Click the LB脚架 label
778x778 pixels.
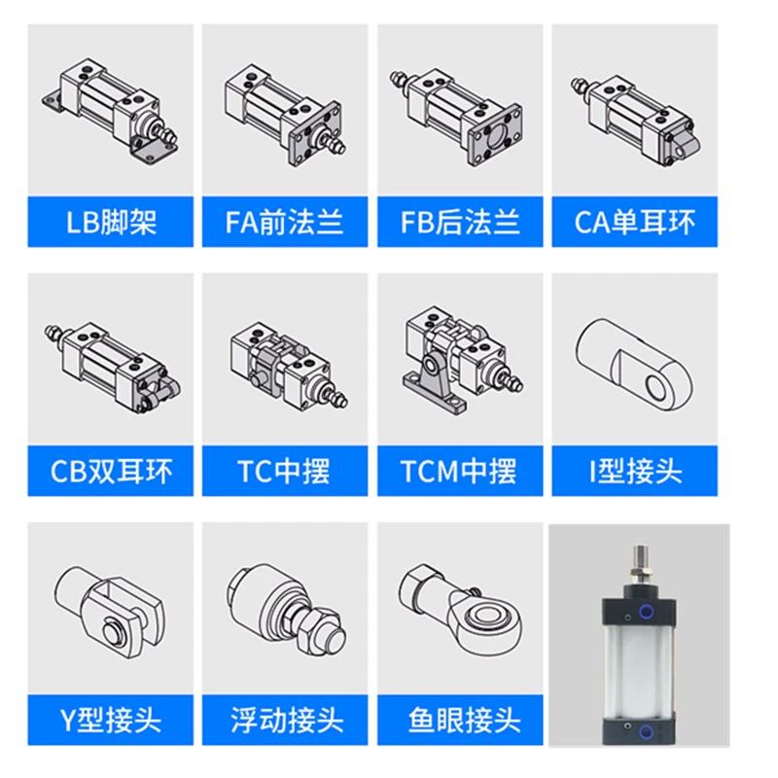point(111,223)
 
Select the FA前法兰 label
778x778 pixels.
point(285,223)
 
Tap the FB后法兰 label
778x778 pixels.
point(460,223)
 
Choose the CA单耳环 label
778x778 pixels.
point(635,223)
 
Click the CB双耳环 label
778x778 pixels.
point(111,472)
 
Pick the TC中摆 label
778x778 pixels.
point(285,472)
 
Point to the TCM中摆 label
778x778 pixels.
point(460,472)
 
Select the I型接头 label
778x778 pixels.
point(635,472)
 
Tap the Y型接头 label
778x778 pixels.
point(111,721)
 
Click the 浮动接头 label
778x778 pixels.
point(285,721)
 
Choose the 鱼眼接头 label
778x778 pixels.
point(460,721)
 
